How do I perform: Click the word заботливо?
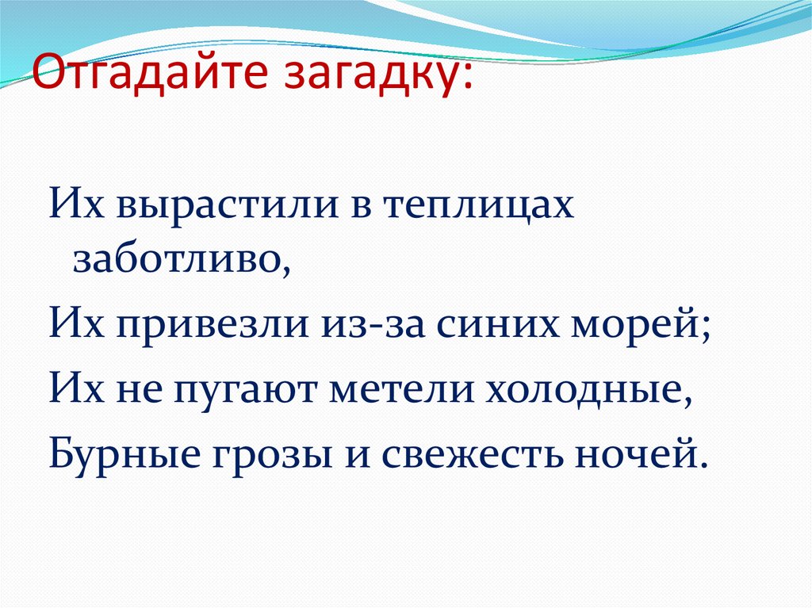pos(181,260)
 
